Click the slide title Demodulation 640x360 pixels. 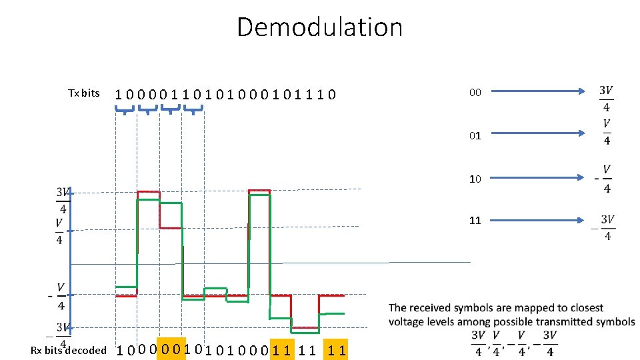(x=319, y=27)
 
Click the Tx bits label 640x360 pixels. (x=84, y=93)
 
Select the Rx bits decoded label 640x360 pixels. (x=69, y=350)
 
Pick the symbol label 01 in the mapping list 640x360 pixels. (x=475, y=135)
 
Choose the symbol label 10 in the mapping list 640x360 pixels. (x=475, y=179)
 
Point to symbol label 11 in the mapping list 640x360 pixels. (x=475, y=220)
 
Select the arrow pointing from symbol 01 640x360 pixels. (x=540, y=133)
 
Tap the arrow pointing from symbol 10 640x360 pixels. (x=540, y=178)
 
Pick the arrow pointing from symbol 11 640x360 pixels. (x=540, y=219)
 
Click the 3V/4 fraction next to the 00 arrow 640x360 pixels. (x=606, y=98)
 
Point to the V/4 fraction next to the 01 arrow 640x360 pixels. (x=607, y=131)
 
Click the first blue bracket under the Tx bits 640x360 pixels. (x=125, y=110)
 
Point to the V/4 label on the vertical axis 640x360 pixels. (x=59, y=231)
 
